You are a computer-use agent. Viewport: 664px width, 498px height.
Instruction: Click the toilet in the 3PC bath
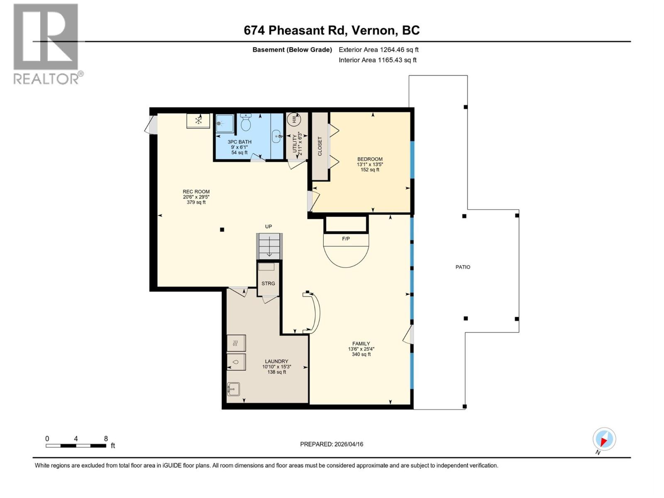[x=246, y=122]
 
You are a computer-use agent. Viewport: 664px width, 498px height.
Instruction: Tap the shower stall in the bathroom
[x=225, y=123]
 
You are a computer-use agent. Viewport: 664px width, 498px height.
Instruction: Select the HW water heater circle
[x=294, y=120]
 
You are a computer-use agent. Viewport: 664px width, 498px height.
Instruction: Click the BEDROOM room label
[x=370, y=159]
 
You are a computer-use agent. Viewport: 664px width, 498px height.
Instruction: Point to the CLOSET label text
[x=320, y=146]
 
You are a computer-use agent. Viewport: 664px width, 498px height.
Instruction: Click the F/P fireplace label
[x=346, y=239]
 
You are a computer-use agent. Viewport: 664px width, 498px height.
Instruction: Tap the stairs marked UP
[x=269, y=246]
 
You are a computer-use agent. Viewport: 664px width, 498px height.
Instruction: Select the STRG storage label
[x=268, y=283]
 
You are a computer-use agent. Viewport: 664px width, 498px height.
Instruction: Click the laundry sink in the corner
[x=233, y=389]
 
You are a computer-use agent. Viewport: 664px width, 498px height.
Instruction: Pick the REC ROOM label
[x=196, y=192]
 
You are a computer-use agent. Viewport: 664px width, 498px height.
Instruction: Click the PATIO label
[x=463, y=267]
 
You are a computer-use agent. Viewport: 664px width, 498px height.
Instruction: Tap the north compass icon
[x=604, y=439]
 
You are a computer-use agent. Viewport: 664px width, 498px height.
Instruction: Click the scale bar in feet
[x=76, y=446]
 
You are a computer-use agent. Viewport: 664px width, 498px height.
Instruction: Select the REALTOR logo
[x=46, y=44]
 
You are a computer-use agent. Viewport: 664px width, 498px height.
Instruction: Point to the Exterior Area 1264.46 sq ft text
[x=378, y=50]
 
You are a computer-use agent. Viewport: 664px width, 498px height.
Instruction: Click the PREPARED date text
[x=332, y=444]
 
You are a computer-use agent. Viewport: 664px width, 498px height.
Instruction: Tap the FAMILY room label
[x=361, y=344]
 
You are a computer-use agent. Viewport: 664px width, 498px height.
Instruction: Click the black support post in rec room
[x=222, y=229]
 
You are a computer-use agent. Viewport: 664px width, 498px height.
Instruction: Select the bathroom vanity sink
[x=277, y=135]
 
